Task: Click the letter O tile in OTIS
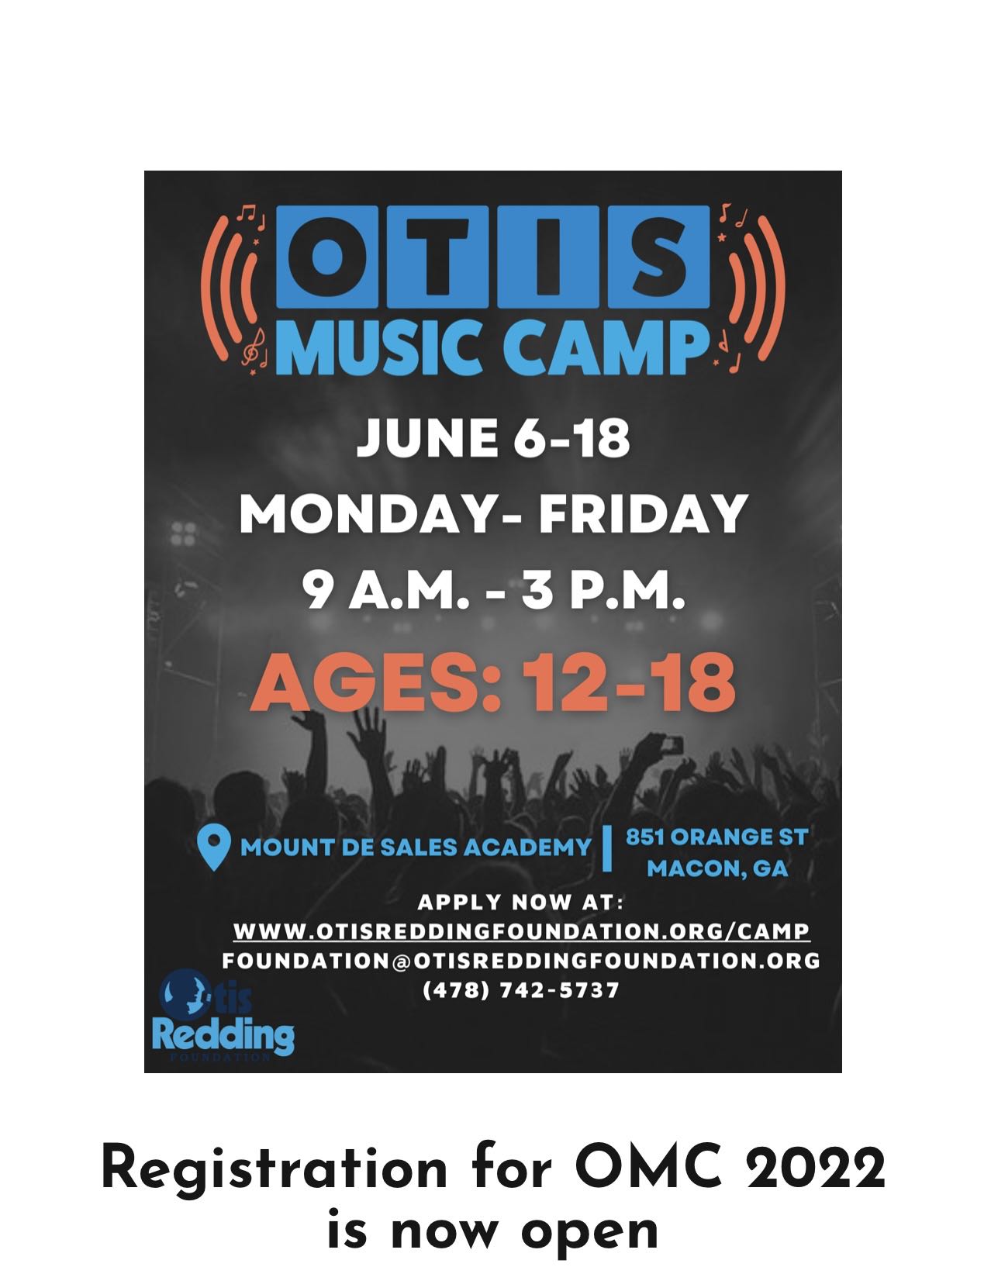pyautogui.click(x=327, y=257)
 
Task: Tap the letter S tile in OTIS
pyautogui.click(x=658, y=257)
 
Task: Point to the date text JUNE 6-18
pyautogui.click(x=494, y=438)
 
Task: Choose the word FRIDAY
pyautogui.click(x=643, y=513)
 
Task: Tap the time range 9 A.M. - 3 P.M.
pyautogui.click(x=493, y=590)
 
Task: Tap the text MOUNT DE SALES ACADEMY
pyautogui.click(x=416, y=848)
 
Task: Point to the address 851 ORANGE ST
pyautogui.click(x=716, y=837)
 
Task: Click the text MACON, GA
pyautogui.click(x=717, y=868)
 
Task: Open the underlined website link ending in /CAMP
pyautogui.click(x=522, y=931)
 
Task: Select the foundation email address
pyautogui.click(x=521, y=960)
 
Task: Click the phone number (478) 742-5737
pyautogui.click(x=520, y=990)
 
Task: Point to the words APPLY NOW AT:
pyautogui.click(x=520, y=903)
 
